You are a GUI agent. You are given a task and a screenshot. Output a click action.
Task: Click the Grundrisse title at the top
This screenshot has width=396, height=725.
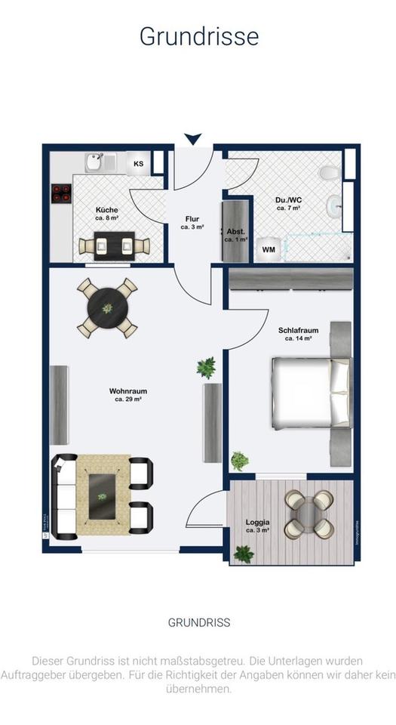tap(198, 35)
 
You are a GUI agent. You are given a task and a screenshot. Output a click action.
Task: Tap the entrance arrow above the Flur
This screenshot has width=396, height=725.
tap(193, 139)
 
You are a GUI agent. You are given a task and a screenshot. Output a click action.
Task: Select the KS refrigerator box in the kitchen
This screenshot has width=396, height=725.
tap(139, 163)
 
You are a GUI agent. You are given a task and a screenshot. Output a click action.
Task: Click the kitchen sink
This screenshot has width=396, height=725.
tap(95, 162)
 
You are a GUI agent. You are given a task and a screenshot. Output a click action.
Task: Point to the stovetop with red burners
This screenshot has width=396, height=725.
tap(60, 195)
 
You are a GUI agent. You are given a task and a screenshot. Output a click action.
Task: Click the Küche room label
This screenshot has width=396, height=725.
tap(106, 214)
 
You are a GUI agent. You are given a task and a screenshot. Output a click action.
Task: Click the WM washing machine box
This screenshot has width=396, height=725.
tap(268, 248)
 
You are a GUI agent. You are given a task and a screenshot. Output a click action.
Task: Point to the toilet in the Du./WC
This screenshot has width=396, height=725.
tap(329, 173)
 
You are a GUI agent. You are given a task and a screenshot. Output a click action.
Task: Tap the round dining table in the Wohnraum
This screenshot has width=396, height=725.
tap(107, 308)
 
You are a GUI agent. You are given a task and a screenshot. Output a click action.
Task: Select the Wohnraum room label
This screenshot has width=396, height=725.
tap(127, 395)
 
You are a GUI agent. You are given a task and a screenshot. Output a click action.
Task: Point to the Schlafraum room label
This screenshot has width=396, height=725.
tap(298, 334)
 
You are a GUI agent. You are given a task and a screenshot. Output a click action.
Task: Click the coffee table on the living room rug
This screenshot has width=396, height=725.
tap(103, 494)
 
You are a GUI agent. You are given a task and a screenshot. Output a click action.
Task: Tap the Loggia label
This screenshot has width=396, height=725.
tap(257, 526)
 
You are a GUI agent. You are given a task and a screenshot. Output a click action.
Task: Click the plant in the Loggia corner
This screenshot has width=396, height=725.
tap(243, 554)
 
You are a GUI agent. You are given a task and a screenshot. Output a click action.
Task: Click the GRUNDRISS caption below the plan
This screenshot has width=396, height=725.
tap(198, 623)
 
